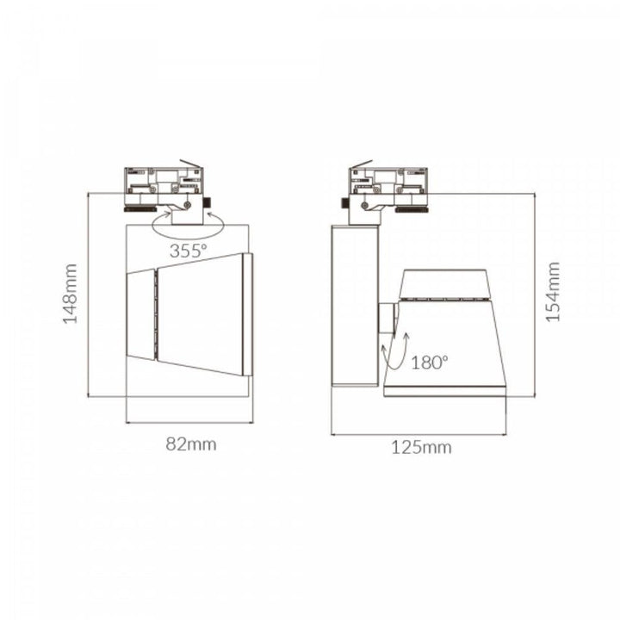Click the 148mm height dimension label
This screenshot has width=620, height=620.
[71, 294]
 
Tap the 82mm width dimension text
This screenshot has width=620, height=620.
[191, 444]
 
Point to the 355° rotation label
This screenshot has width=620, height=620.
[189, 251]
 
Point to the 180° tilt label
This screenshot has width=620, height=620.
[431, 363]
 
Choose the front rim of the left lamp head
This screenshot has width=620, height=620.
[248, 314]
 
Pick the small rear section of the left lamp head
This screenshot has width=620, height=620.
[140, 314]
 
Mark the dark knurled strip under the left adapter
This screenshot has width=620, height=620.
[141, 208]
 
